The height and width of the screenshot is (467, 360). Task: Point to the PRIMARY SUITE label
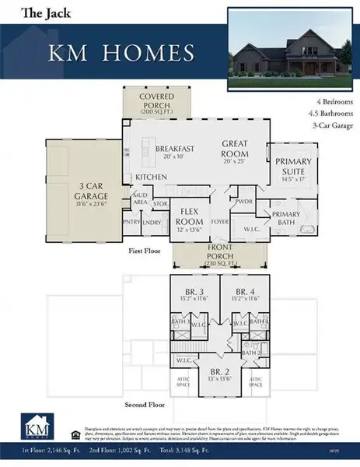click(x=292, y=167)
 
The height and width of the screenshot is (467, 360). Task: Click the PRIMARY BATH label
click(x=285, y=217)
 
